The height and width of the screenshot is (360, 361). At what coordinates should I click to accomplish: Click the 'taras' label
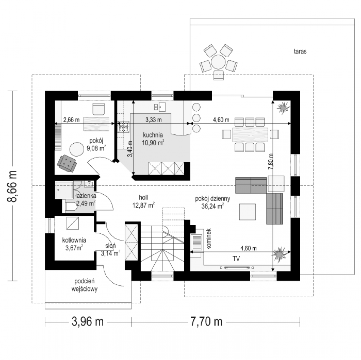pos(300,51)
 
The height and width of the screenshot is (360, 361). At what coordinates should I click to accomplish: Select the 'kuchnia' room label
pos(153,135)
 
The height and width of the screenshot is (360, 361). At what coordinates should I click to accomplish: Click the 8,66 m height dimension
pos(12,186)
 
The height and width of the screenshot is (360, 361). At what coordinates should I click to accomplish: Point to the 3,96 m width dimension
pos(88,322)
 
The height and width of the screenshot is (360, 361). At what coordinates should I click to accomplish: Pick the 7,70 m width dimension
pos(206,322)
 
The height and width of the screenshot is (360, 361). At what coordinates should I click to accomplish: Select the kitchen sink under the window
pos(159,107)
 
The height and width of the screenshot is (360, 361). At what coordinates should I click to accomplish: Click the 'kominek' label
pos(209,239)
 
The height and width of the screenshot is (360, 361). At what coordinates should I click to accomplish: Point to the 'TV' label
pos(236,259)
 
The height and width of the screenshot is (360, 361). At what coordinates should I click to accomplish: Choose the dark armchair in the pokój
pos(67,163)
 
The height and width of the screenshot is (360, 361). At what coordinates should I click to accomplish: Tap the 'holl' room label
pos(143,197)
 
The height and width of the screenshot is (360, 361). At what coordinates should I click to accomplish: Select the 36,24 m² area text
pos(213,206)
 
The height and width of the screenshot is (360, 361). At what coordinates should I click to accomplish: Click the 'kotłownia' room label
pos(74,240)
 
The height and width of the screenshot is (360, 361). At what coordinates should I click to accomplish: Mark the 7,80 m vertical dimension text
pos(271,161)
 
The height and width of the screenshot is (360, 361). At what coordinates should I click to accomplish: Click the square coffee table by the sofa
pos(247,212)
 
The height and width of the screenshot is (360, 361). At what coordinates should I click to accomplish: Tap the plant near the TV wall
pos(280,253)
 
